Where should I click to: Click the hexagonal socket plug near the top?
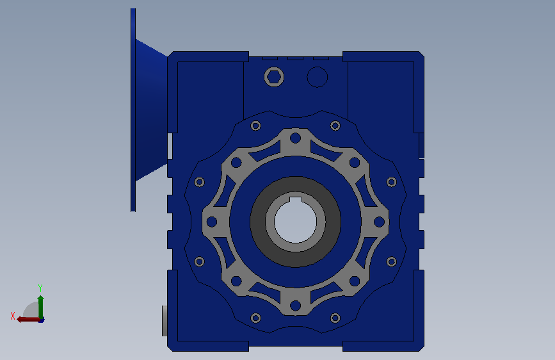click(274, 76)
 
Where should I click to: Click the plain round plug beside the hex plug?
click(317, 77)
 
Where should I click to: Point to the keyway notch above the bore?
click(296, 200)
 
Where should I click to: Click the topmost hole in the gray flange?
click(295, 138)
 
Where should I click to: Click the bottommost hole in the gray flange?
click(295, 306)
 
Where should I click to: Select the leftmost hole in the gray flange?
click(212, 222)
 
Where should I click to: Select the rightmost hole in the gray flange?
click(379, 222)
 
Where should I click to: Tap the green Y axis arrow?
click(41, 307)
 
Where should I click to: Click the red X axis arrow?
click(29, 320)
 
